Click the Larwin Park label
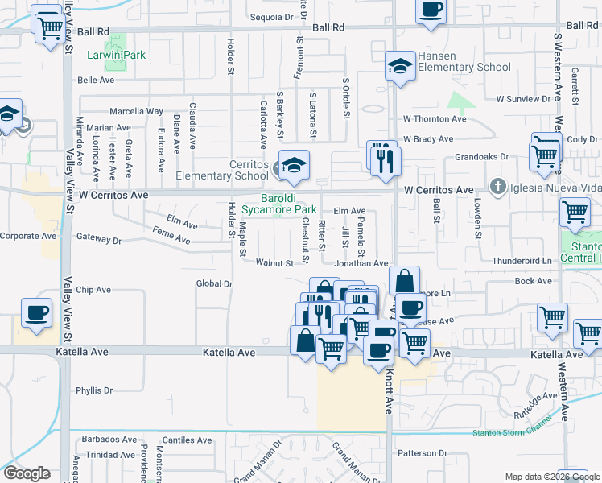click(119, 55)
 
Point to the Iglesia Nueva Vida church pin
click(500, 188)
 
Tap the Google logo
click(27, 473)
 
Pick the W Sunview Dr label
click(527, 99)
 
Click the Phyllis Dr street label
click(94, 390)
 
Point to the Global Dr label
click(214, 283)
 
